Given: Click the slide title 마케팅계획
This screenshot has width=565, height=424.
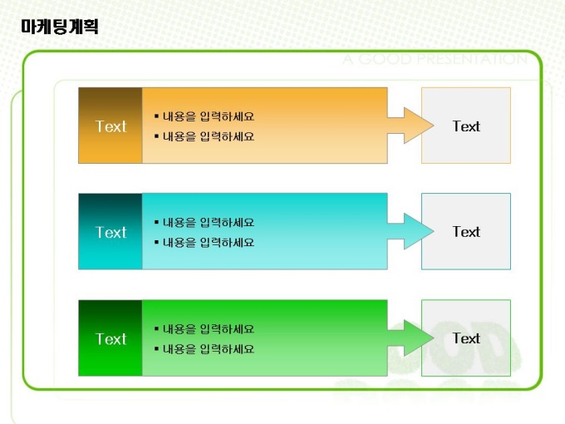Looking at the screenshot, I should click(x=60, y=27).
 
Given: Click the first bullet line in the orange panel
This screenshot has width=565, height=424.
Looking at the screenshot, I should click(x=204, y=116).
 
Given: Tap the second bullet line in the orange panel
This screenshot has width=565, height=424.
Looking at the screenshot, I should click(x=204, y=136).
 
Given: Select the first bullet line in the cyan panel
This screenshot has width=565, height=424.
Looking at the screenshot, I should click(x=204, y=223).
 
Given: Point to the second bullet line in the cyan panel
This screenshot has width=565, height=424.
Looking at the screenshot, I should click(x=204, y=243).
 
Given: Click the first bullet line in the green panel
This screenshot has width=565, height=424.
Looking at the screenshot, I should click(x=204, y=329).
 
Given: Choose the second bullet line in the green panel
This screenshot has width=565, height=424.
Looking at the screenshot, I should click(x=204, y=349).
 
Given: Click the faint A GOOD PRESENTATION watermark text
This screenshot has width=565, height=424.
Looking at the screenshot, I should click(x=435, y=60).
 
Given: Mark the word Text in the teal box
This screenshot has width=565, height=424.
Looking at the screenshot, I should click(x=111, y=233).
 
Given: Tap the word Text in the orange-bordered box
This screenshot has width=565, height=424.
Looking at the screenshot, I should click(x=466, y=126).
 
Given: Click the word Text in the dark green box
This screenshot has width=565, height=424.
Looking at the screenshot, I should click(x=111, y=339).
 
